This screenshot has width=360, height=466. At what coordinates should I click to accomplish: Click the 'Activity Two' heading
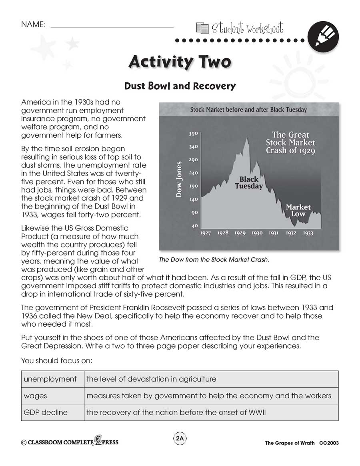click(180, 62)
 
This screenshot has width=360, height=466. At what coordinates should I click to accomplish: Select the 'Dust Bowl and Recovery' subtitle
click(180, 86)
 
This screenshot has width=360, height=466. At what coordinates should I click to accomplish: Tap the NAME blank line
click(112, 26)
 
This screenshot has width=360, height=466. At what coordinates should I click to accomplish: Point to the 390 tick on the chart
click(193, 134)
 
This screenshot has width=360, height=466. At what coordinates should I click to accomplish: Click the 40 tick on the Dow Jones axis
click(194, 226)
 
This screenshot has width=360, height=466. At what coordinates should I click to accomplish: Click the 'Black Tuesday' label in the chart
click(249, 183)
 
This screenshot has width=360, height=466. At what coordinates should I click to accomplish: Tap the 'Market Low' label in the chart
click(298, 211)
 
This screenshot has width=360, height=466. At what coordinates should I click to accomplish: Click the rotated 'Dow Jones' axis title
click(179, 179)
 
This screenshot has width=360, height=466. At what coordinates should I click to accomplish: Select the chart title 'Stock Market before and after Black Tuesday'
click(248, 109)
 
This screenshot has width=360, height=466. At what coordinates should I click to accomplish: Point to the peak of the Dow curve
click(247, 138)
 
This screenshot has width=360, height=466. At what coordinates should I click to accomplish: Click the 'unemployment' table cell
click(50, 379)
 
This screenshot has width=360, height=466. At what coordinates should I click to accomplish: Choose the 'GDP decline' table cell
click(46, 412)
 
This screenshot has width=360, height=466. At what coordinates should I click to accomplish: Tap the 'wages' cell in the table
click(36, 396)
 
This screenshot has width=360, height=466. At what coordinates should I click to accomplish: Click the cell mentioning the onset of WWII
click(176, 412)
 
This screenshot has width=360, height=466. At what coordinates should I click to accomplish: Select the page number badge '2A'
click(180, 439)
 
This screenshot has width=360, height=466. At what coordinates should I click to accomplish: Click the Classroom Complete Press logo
click(70, 442)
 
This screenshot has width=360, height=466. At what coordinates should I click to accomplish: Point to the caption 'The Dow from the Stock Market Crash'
click(214, 260)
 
